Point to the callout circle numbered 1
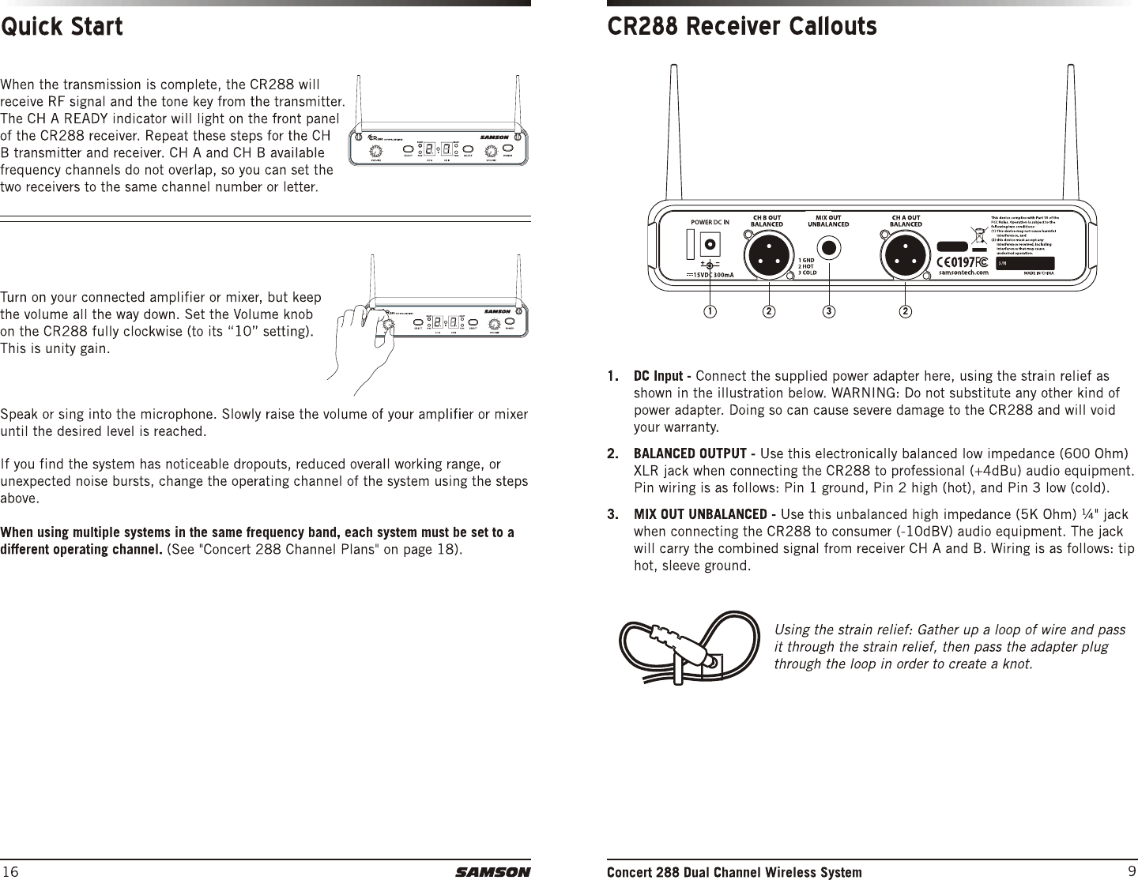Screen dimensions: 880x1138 710,311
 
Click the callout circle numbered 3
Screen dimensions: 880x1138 828,311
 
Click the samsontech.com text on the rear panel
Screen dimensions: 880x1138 963,273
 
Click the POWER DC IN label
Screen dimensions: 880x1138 710,222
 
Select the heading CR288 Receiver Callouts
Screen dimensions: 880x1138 741,27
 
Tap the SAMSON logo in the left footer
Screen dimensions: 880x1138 492,872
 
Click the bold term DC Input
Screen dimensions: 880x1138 660,374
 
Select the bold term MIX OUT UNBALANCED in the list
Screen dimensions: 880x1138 702,515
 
